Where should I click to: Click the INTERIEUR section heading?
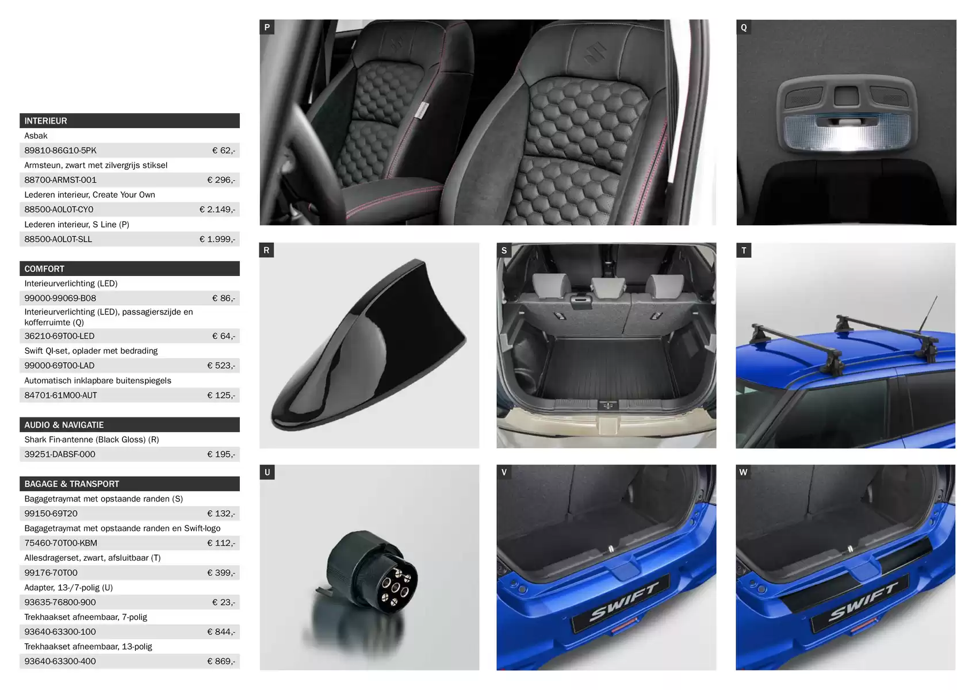pos(46,121)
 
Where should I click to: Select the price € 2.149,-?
pos(217,209)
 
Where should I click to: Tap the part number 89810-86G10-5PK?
pos(60,150)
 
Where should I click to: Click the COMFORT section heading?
pos(44,269)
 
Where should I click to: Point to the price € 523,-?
pos(221,366)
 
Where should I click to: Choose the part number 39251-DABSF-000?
pos(60,454)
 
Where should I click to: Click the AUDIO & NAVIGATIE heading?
pos(64,425)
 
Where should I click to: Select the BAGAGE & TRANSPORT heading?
pos(72,484)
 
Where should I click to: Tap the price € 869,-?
pos(221,661)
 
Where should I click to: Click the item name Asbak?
pos(36,136)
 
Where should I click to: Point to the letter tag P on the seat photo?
pos(267,27)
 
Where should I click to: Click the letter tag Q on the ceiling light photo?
pos(744,27)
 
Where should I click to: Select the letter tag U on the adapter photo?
pos(267,472)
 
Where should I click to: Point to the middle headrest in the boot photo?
pos(608,288)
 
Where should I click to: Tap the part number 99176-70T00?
pos(51,573)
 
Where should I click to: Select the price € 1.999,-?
pos(217,239)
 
